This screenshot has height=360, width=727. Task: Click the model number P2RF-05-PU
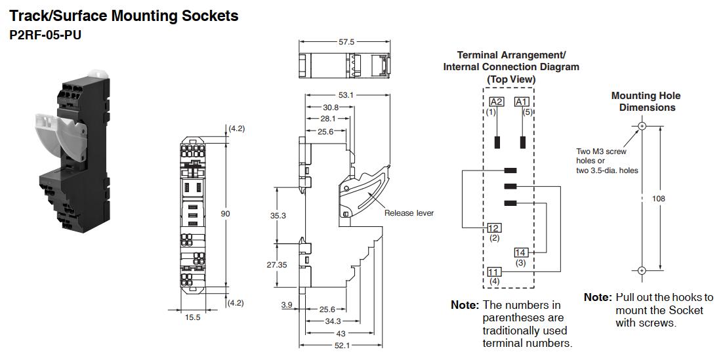click(45, 35)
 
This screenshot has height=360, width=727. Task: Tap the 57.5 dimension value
click(346, 42)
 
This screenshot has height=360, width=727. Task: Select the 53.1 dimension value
click(346, 95)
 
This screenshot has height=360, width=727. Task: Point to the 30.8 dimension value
click(331, 108)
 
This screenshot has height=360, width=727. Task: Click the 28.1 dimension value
click(327, 119)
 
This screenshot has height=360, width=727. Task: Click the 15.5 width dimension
click(192, 318)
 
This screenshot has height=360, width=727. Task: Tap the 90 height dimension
click(226, 214)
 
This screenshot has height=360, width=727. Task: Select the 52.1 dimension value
click(341, 345)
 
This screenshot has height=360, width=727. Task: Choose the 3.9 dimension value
click(286, 306)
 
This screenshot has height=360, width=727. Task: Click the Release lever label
click(409, 213)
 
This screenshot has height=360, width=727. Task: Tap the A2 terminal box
click(497, 102)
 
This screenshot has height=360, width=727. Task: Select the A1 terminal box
click(522, 102)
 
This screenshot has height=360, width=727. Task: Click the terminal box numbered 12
click(494, 228)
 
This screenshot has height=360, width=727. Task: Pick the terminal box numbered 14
click(521, 252)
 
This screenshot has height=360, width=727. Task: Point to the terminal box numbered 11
click(494, 271)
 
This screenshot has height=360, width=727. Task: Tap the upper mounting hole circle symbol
click(642, 125)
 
